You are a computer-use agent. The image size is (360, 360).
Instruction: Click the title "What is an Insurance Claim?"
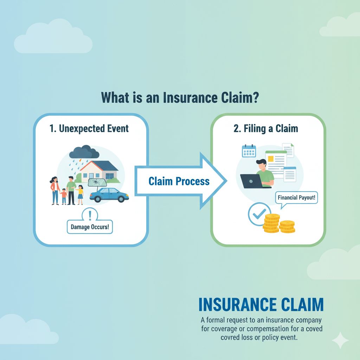(180, 97)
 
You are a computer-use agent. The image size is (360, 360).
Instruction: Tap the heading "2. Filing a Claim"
(266, 128)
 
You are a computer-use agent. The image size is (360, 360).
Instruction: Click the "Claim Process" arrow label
(179, 181)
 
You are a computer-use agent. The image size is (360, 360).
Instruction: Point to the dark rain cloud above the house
(84, 152)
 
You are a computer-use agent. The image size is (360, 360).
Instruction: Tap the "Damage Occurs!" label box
(90, 227)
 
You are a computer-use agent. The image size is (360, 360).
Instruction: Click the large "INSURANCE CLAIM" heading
(261, 305)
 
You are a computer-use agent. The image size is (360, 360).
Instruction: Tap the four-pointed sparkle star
(340, 340)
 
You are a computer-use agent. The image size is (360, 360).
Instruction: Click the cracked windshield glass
(97, 183)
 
